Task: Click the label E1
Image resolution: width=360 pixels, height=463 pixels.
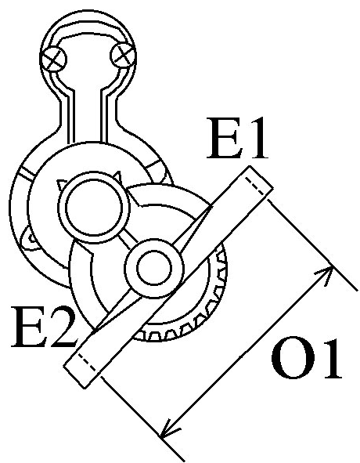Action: coord(238,138)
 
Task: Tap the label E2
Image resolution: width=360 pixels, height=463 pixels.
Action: coord(43,327)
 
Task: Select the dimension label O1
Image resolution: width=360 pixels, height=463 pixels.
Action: coord(307,359)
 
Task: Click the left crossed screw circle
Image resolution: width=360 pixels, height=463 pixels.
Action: coord(53,60)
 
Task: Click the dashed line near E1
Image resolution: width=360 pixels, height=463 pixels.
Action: coord(256,186)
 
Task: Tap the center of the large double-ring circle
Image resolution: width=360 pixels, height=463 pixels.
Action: coord(95,208)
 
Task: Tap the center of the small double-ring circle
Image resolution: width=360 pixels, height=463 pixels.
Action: coord(154,268)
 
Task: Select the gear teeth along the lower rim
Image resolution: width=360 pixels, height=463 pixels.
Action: coord(192,310)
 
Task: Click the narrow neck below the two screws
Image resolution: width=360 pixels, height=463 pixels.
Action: coord(88,118)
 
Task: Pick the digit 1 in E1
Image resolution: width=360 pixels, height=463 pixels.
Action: coord(256,138)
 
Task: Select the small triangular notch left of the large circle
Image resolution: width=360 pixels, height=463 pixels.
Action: coord(61,185)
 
